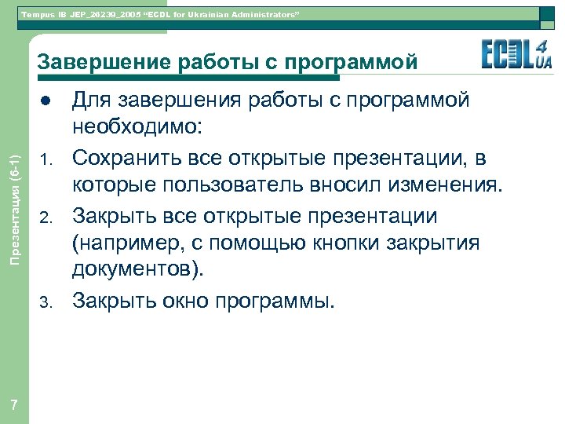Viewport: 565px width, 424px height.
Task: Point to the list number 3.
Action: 46,301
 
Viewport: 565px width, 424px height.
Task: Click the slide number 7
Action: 14,404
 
